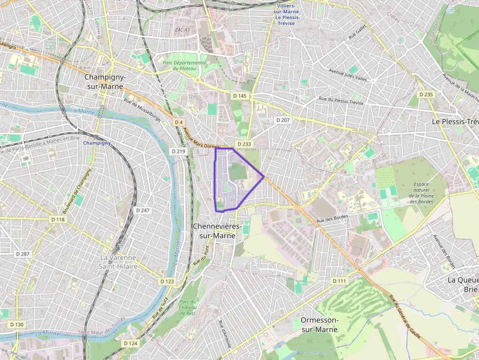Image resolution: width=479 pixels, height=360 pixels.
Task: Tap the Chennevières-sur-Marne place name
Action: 217,231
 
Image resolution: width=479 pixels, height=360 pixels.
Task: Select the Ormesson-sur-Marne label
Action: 320,324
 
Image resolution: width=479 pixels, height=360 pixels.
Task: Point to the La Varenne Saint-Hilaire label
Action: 119,262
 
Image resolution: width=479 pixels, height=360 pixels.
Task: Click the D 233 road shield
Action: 243,144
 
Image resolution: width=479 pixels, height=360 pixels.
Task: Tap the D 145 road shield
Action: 239,96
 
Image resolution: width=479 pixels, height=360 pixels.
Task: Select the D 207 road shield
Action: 283,120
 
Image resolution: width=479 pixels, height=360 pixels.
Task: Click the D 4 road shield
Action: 178,122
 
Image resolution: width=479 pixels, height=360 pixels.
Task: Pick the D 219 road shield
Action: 179,151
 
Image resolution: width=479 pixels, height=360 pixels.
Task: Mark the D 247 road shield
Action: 143,210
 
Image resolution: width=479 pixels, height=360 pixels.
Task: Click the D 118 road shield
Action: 58,220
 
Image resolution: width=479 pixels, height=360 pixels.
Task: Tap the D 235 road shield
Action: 426,94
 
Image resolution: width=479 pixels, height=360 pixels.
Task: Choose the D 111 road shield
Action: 339,281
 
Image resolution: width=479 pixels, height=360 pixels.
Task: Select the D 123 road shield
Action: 167,281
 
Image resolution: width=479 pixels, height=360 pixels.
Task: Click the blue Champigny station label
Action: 97,143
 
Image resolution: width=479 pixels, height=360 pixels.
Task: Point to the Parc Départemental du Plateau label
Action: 185,66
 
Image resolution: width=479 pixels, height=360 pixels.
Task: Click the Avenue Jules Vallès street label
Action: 348,75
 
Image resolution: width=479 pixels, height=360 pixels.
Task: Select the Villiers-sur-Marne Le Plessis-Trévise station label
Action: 287,14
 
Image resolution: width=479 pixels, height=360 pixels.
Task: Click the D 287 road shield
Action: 22,254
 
